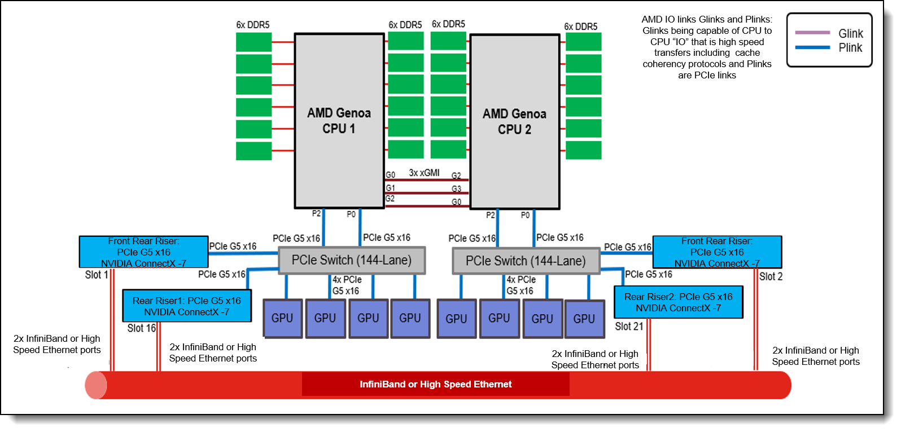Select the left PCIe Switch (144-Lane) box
352,261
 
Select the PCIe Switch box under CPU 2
526,261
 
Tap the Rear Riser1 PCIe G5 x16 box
187,306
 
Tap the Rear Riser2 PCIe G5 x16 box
678,302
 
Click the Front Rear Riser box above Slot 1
143,252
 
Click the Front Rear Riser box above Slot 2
717,252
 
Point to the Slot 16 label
141,328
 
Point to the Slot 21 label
629,327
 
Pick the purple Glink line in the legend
812,33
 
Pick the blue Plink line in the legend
812,47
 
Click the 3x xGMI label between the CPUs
424,173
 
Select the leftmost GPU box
282,319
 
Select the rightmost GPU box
584,319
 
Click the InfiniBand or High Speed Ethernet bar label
436,385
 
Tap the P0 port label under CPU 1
351,214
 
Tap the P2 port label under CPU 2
491,215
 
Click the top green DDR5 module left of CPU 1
253,42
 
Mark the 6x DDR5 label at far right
580,27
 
